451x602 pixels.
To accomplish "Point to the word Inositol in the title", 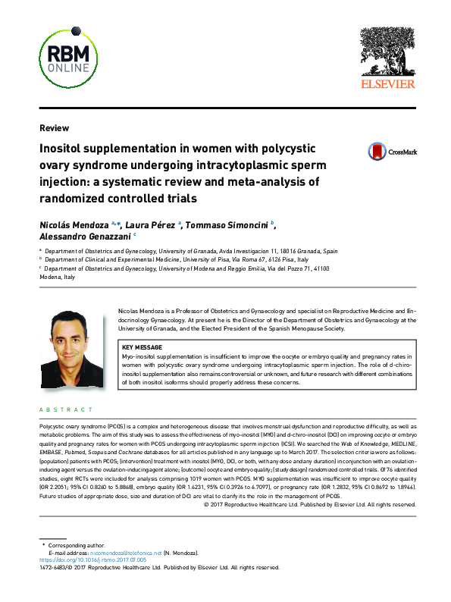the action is pyautogui.click(x=64, y=149).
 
